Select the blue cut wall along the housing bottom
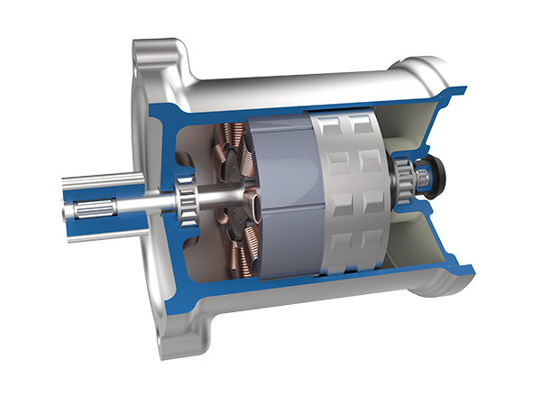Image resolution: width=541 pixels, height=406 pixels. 316,298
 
